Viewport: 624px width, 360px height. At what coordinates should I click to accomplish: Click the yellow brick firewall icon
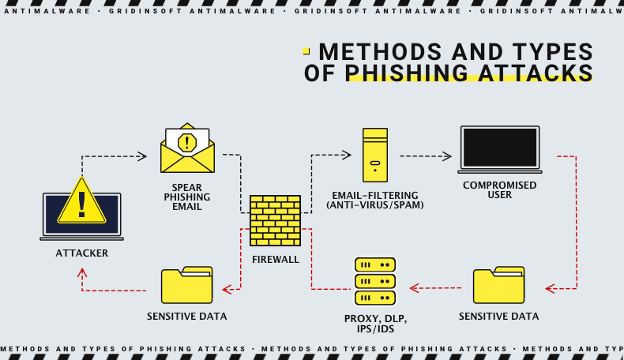click(x=275, y=220)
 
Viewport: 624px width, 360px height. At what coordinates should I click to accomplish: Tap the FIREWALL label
click(x=275, y=259)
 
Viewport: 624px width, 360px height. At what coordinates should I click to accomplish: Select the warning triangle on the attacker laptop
click(x=81, y=202)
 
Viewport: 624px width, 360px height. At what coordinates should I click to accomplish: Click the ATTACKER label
click(x=81, y=253)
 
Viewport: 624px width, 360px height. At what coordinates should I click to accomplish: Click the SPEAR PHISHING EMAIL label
click(x=187, y=196)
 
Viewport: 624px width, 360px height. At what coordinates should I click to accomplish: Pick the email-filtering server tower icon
click(x=375, y=155)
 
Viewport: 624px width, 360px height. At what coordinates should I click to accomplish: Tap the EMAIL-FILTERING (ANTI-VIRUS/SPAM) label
click(x=375, y=200)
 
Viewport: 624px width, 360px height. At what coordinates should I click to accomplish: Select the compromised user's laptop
click(x=500, y=149)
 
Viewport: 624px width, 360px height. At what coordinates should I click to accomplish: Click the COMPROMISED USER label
click(x=500, y=190)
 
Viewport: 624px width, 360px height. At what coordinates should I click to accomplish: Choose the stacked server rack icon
click(x=375, y=281)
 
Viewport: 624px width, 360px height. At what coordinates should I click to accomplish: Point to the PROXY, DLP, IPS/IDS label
click(x=375, y=323)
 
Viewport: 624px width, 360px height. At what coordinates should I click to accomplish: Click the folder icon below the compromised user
click(x=498, y=286)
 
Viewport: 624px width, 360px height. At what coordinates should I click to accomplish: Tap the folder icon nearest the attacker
click(x=186, y=286)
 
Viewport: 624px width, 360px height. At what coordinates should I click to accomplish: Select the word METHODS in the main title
click(x=379, y=51)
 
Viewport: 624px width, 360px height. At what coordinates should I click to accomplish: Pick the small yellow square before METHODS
click(x=306, y=51)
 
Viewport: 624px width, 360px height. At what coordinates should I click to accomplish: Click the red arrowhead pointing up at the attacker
click(x=82, y=273)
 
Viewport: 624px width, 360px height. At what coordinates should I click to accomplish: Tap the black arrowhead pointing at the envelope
click(x=142, y=156)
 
